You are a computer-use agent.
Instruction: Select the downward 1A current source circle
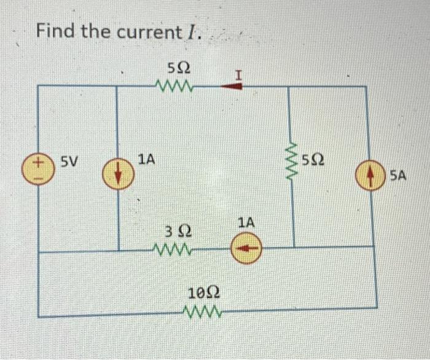pyautogui.click(x=117, y=168)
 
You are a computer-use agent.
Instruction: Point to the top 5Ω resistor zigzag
pyautogui.click(x=176, y=86)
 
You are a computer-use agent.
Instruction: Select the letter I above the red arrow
pyautogui.click(x=238, y=74)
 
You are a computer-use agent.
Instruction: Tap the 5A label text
pyautogui.click(x=397, y=176)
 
